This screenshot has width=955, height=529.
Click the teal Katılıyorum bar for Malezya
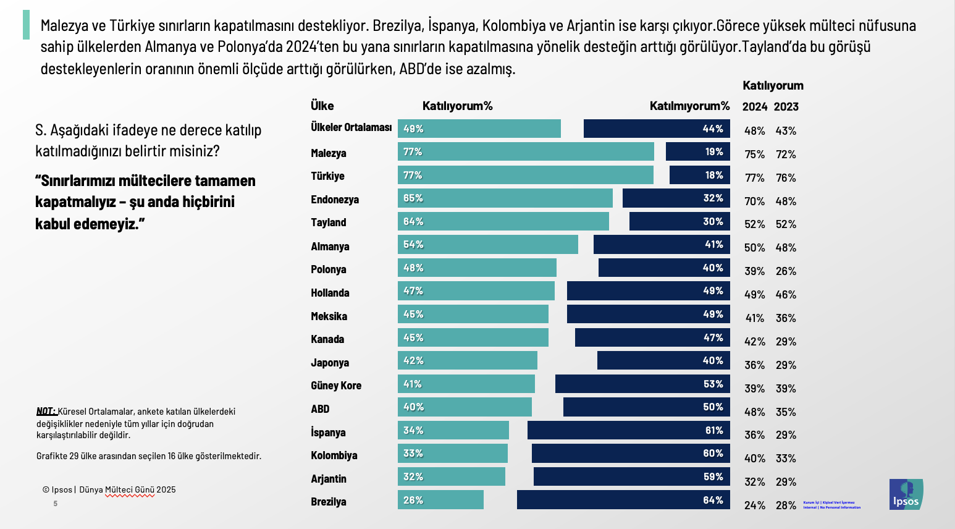click(x=526, y=152)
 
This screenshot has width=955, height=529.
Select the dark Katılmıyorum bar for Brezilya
click(x=623, y=500)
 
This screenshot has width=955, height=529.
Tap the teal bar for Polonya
click(x=477, y=268)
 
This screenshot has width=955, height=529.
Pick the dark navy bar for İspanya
click(x=628, y=430)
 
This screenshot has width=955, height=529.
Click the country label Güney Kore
click(x=336, y=386)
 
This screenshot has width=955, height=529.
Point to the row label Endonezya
click(x=335, y=200)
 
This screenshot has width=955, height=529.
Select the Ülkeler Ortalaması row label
click(x=351, y=127)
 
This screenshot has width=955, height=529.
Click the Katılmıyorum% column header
click(x=689, y=106)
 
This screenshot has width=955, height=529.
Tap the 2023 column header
click(x=786, y=107)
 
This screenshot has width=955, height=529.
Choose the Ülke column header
click(x=322, y=106)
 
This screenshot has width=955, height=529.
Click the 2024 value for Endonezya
click(x=754, y=201)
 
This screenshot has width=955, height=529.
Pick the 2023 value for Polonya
click(x=786, y=271)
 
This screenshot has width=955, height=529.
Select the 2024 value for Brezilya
click(x=754, y=506)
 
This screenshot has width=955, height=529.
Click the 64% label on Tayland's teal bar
click(x=413, y=222)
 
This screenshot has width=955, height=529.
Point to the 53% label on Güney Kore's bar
click(x=713, y=384)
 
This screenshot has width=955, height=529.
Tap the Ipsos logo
click(x=906, y=494)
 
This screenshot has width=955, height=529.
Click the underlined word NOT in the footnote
click(x=46, y=412)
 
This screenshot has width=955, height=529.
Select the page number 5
click(x=56, y=504)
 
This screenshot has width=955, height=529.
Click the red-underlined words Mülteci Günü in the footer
click(x=130, y=490)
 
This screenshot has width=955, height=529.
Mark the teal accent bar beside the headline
click(x=26, y=25)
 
